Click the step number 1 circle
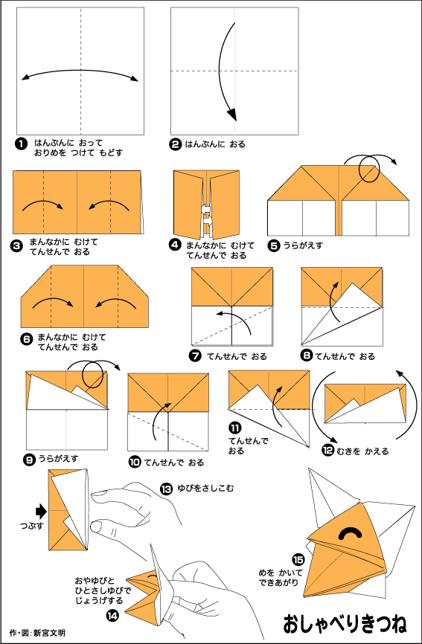pyautogui.click(x=20, y=144)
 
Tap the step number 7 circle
pyautogui.click(x=195, y=355)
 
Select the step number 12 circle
pyautogui.click(x=328, y=451)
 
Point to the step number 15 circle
pyautogui.click(x=298, y=559)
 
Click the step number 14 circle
pyautogui.click(x=112, y=615)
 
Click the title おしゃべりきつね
pyautogui.click(x=345, y=623)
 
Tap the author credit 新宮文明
pyautogui.click(x=49, y=633)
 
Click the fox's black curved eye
pyautogui.click(x=351, y=532)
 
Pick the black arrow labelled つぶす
pyautogui.click(x=42, y=512)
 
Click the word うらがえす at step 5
pyautogui.click(x=302, y=245)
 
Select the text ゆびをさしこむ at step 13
pyautogui.click(x=205, y=489)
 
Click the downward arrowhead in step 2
pyautogui.click(x=232, y=115)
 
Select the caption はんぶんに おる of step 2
pyautogui.click(x=215, y=144)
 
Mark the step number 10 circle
pyautogui.click(x=135, y=463)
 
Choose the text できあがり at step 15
pyautogui.click(x=278, y=582)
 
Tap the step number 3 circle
pyautogui.click(x=17, y=246)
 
